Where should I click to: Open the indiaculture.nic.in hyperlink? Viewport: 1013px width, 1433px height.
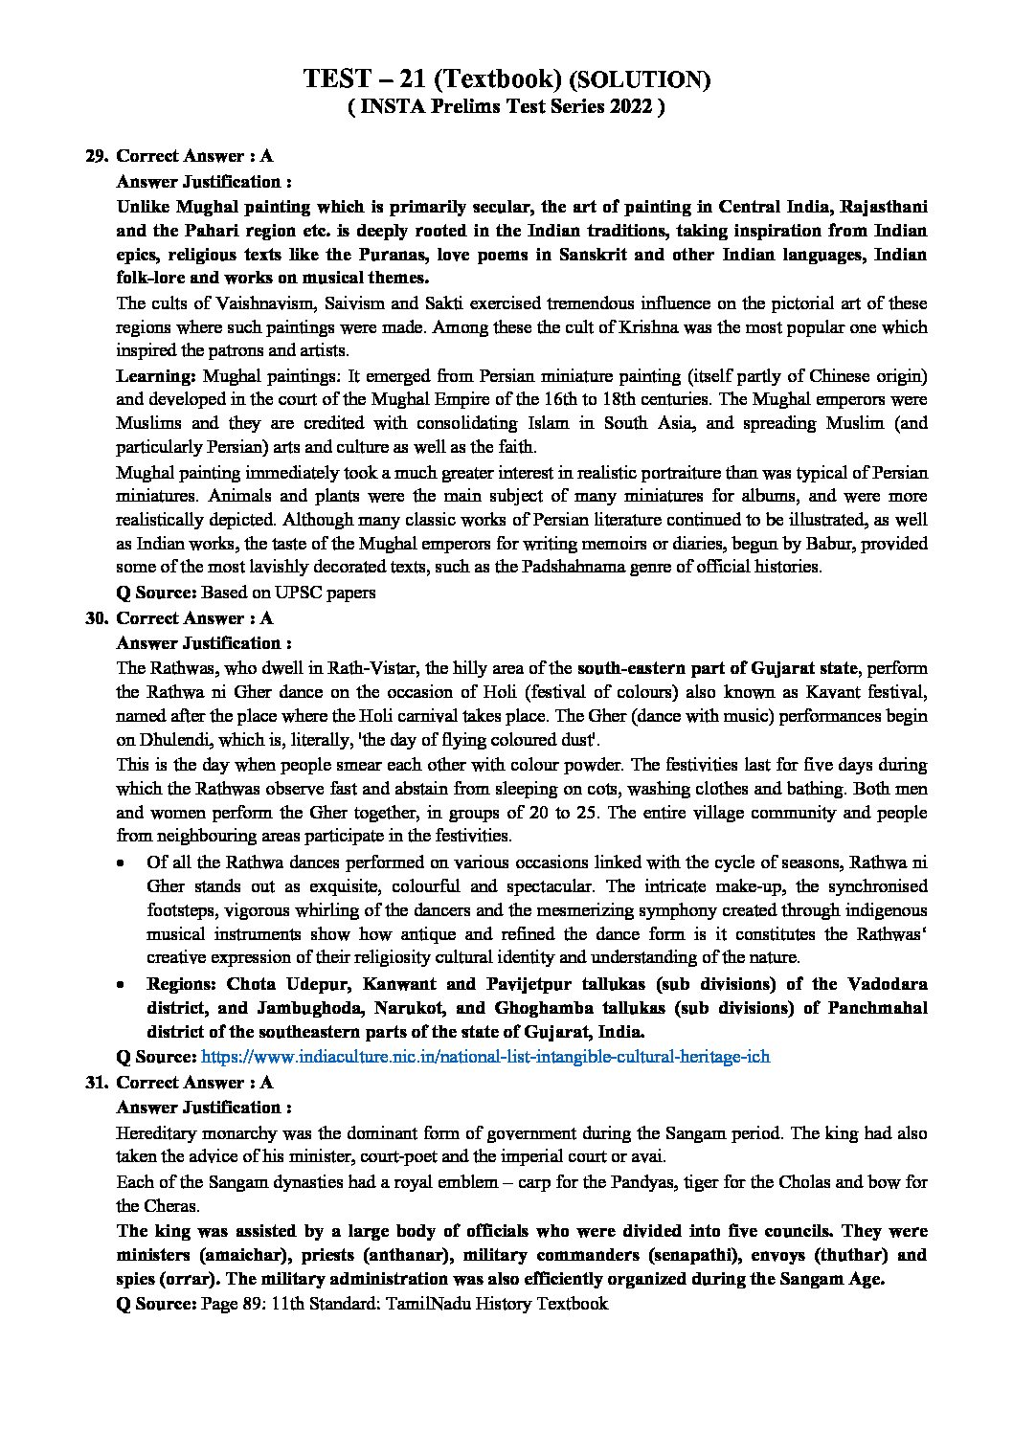(x=485, y=1057)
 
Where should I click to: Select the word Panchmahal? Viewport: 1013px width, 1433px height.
(x=877, y=1008)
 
